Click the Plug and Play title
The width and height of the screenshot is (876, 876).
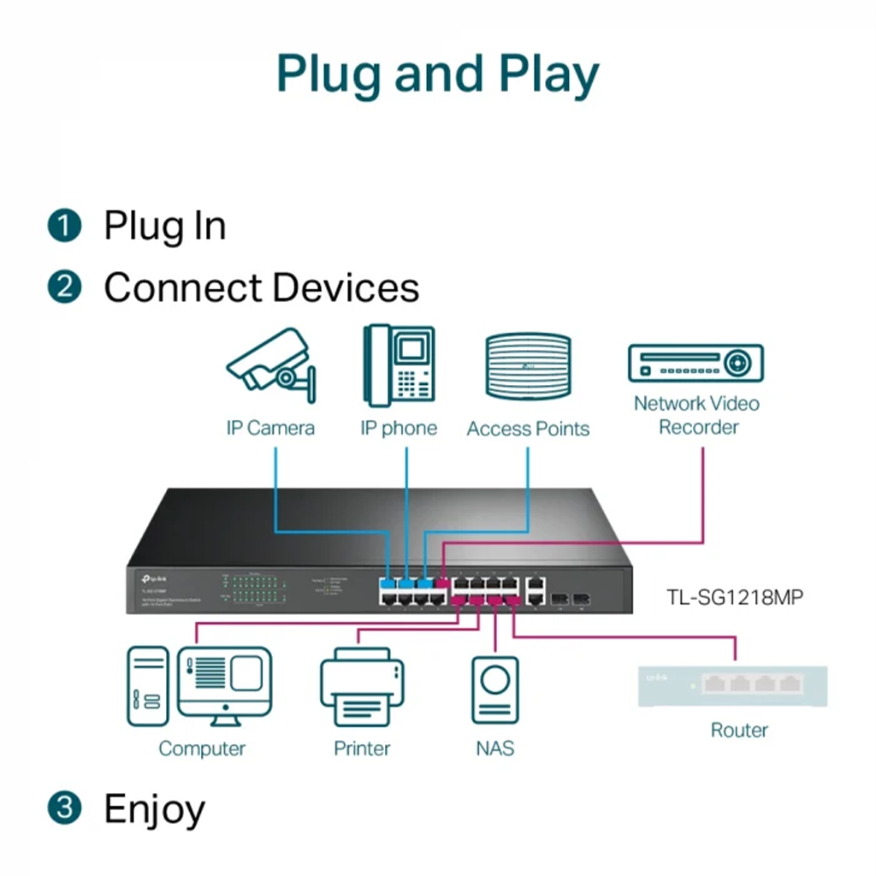coord(437,74)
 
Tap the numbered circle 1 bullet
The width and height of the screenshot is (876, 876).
coord(64,227)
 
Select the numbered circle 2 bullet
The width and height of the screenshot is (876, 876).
coord(64,287)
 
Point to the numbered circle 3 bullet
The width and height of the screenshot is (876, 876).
coord(64,808)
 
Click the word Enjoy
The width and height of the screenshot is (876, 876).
coord(154,808)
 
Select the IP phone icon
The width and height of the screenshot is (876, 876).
coord(399,364)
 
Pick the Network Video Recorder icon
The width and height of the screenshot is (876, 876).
coord(695,363)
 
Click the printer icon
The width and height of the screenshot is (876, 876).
coord(362,688)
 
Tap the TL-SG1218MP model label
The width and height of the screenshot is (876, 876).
coord(735,597)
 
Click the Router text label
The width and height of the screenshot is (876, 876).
coord(739,730)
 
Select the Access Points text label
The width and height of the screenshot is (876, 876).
coord(528,429)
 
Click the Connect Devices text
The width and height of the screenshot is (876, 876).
coord(261,287)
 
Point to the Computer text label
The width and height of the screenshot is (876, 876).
coord(202,749)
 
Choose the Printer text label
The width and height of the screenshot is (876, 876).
coord(362,749)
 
